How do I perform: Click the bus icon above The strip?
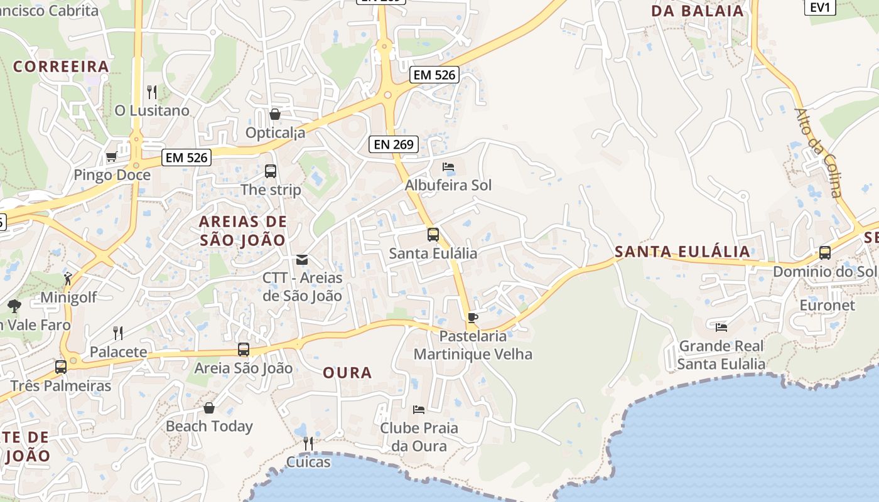click(x=271, y=171)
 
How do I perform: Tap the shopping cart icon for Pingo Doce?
click(x=112, y=156)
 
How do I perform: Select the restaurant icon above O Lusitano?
click(x=151, y=92)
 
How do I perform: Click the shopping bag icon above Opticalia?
click(x=274, y=114)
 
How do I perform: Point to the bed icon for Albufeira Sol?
click(x=448, y=167)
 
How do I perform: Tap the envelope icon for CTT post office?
click(x=302, y=260)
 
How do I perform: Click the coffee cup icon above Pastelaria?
click(x=473, y=318)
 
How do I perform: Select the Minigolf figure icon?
click(x=68, y=279)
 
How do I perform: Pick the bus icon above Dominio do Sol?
click(x=824, y=253)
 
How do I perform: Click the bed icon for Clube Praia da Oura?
click(x=419, y=410)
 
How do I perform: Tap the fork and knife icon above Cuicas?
click(x=308, y=444)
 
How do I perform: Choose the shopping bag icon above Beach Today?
click(x=209, y=408)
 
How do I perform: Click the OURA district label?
click(x=347, y=373)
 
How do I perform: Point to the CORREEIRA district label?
click(x=61, y=67)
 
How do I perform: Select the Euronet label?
click(x=827, y=306)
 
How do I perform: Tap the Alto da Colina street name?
click(x=818, y=152)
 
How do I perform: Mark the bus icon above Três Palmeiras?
click(x=61, y=367)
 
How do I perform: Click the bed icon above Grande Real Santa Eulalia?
click(x=721, y=327)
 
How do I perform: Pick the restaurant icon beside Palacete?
click(x=117, y=333)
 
